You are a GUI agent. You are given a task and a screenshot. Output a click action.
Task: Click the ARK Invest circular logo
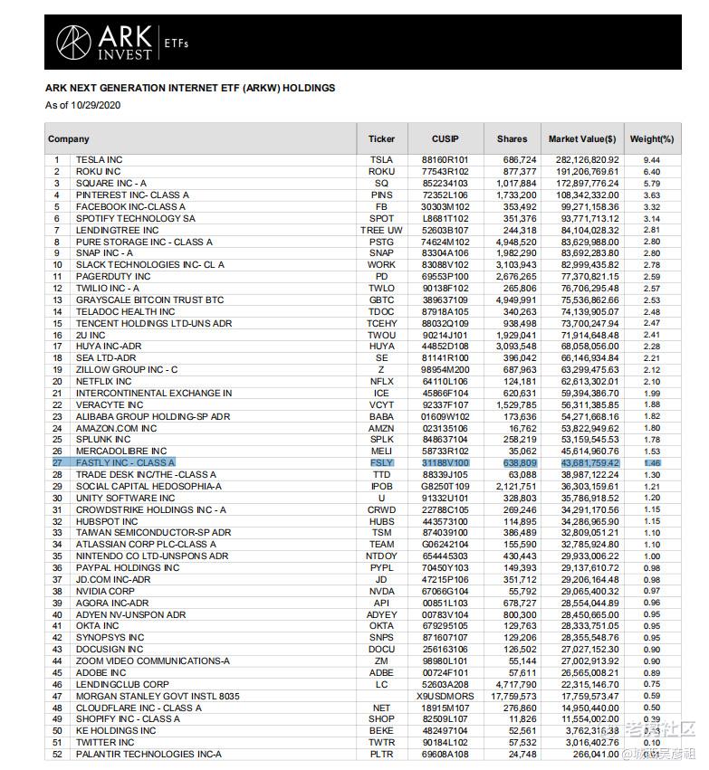pyautogui.click(x=74, y=43)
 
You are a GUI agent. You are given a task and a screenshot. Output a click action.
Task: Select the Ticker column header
pyautogui.click(x=382, y=139)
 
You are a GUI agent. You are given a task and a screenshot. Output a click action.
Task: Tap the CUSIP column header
pyautogui.click(x=446, y=139)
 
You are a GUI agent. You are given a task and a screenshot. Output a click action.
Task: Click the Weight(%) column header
pyautogui.click(x=652, y=139)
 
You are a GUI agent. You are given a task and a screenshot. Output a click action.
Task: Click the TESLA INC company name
pyautogui.click(x=100, y=160)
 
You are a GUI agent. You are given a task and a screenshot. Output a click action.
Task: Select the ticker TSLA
pyautogui.click(x=382, y=160)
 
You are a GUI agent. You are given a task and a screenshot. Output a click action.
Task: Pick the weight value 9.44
pyautogui.click(x=652, y=160)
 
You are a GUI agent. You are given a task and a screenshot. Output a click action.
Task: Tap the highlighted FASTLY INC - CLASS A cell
pyautogui.click(x=126, y=463)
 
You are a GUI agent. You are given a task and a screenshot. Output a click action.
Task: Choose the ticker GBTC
pyautogui.click(x=382, y=299)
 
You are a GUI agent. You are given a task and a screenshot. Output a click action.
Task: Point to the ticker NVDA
pyautogui.click(x=382, y=592)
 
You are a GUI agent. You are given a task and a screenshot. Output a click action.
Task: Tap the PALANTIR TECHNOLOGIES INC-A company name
pyautogui.click(x=149, y=755)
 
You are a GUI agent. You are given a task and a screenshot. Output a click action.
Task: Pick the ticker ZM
pyautogui.click(x=382, y=661)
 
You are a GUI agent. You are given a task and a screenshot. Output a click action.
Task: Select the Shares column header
pyautogui.click(x=512, y=139)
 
